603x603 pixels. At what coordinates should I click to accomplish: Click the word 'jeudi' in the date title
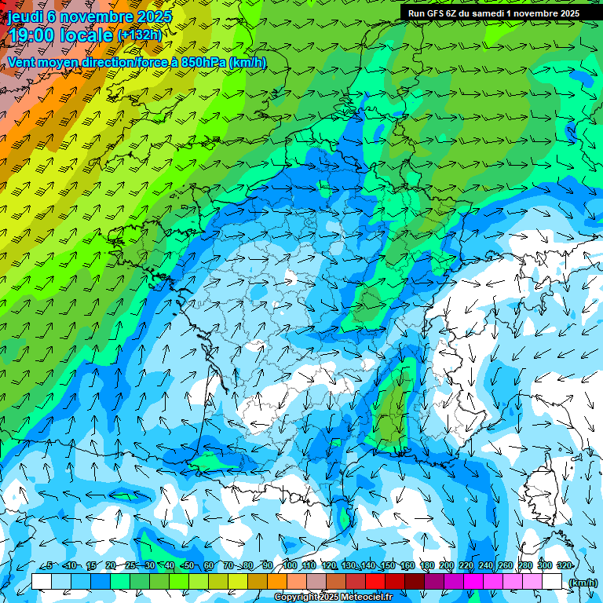tap(24, 16)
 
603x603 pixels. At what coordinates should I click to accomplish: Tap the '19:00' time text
tap(32, 35)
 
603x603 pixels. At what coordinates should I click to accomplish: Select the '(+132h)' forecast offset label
tap(139, 35)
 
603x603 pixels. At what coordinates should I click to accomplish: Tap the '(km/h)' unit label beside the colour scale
tap(583, 583)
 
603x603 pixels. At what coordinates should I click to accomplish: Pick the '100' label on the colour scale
tap(289, 565)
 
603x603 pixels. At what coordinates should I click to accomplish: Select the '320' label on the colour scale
tap(564, 565)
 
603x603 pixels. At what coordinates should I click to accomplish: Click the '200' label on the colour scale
tap(446, 565)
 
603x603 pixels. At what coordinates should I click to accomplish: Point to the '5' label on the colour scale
tap(49, 565)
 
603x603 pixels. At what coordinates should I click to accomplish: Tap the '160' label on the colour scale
tap(407, 565)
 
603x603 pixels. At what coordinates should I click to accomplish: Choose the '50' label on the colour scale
tap(189, 565)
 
